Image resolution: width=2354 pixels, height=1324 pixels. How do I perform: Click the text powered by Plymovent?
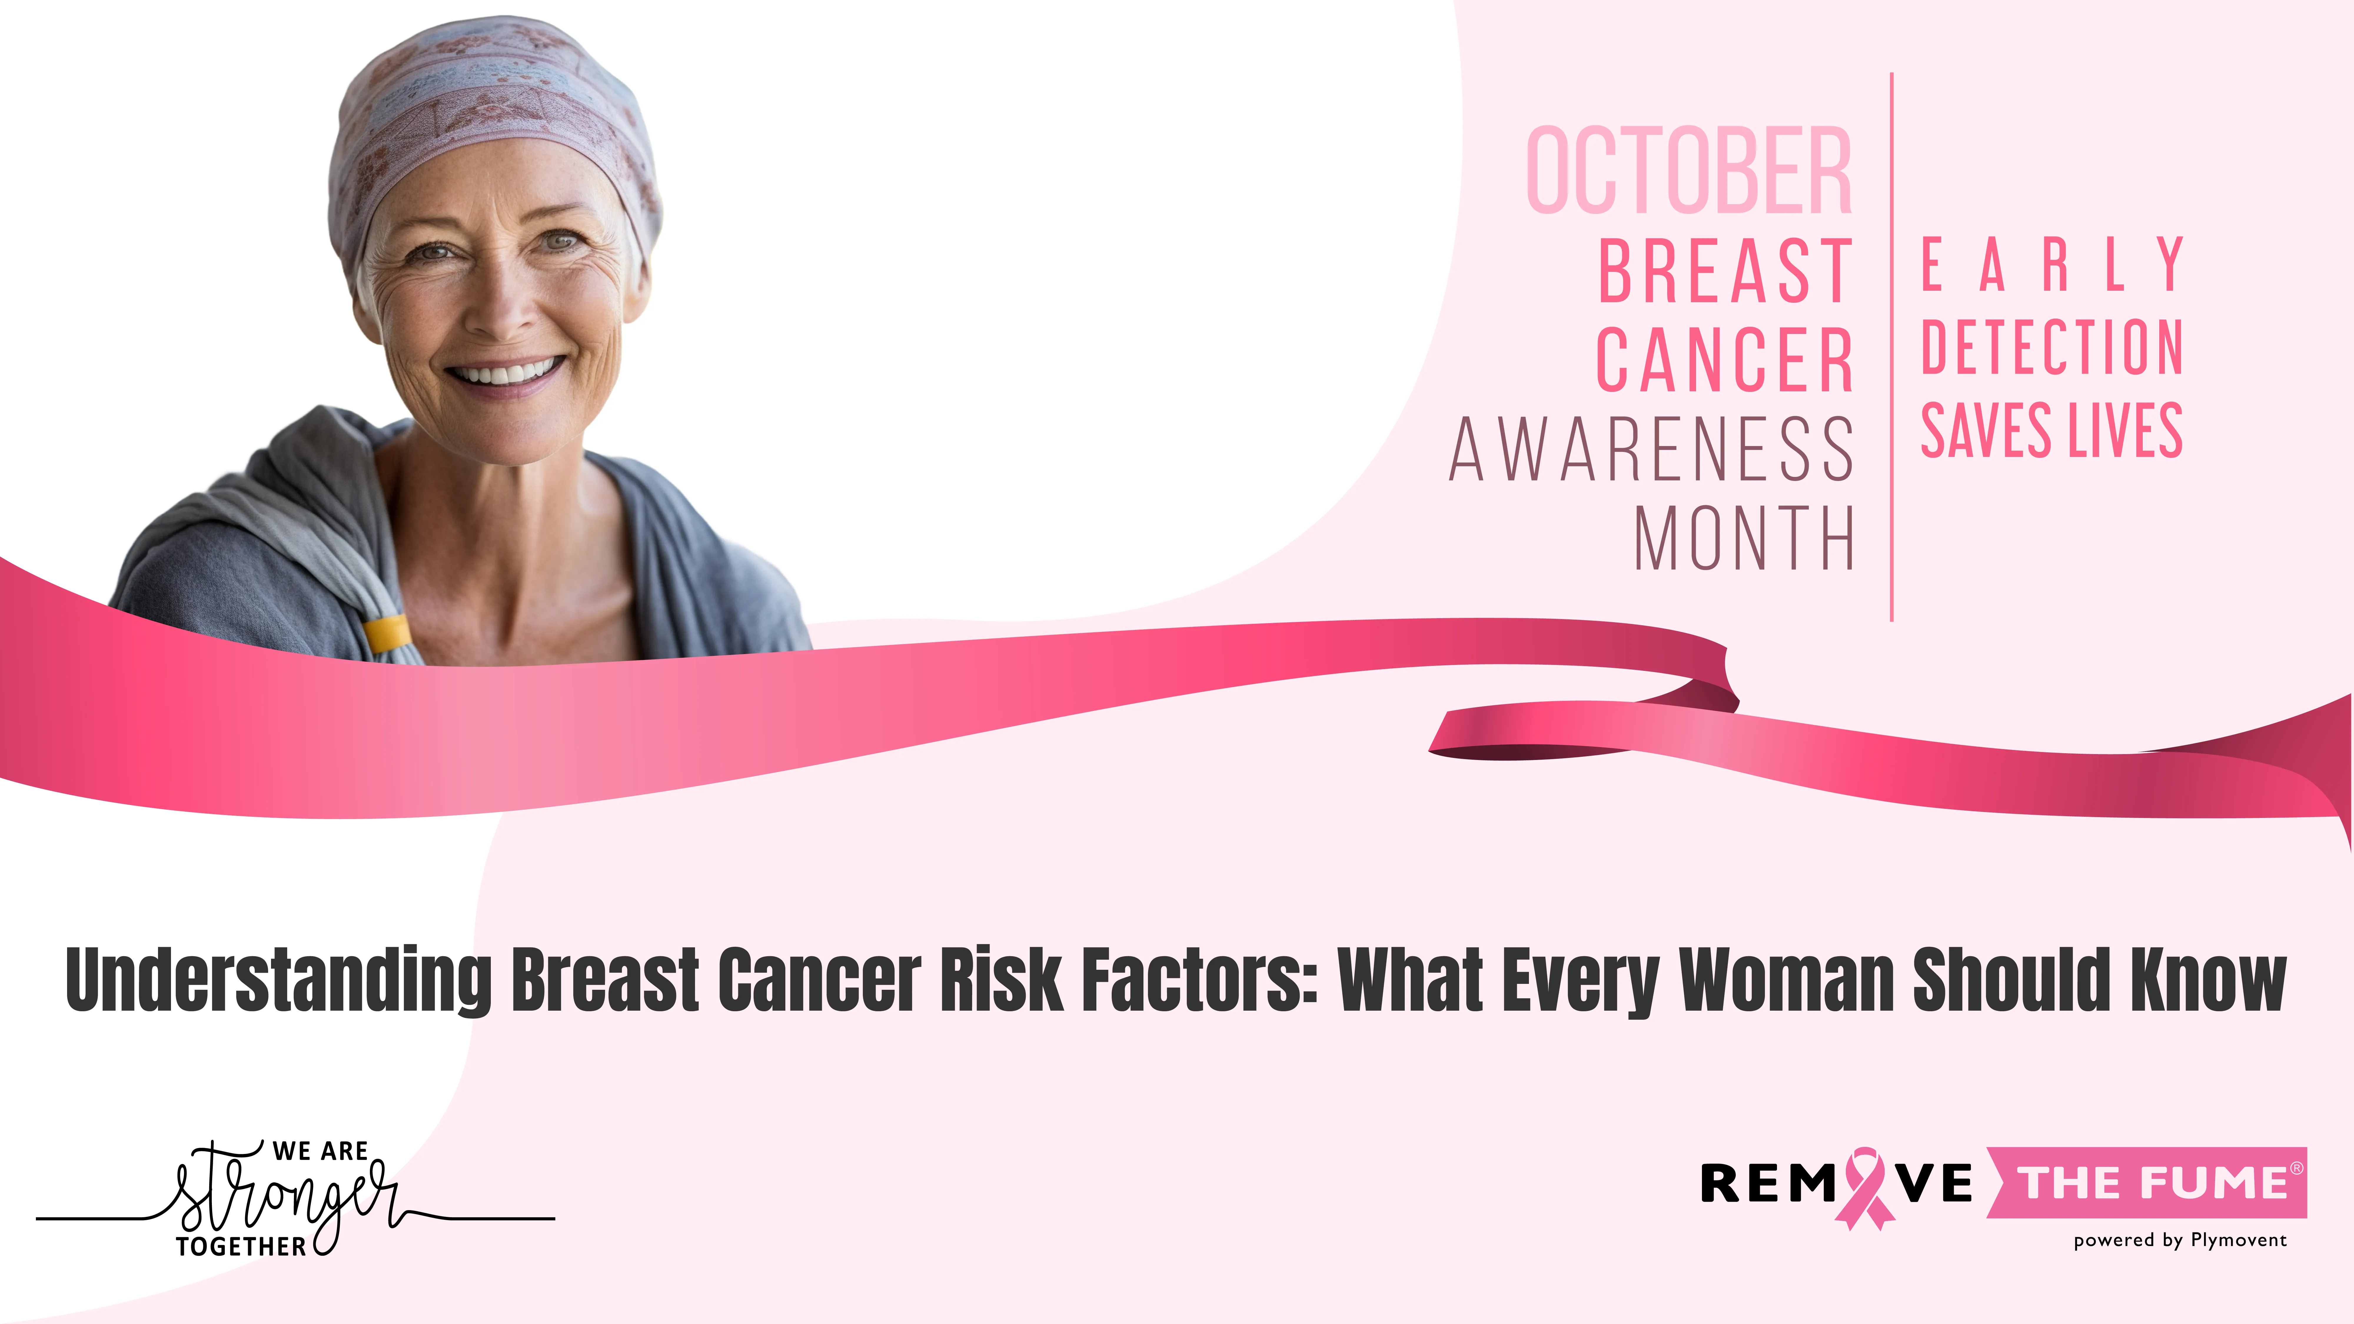(2180, 1240)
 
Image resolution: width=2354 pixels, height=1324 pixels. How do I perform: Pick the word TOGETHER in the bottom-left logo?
(241, 1246)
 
